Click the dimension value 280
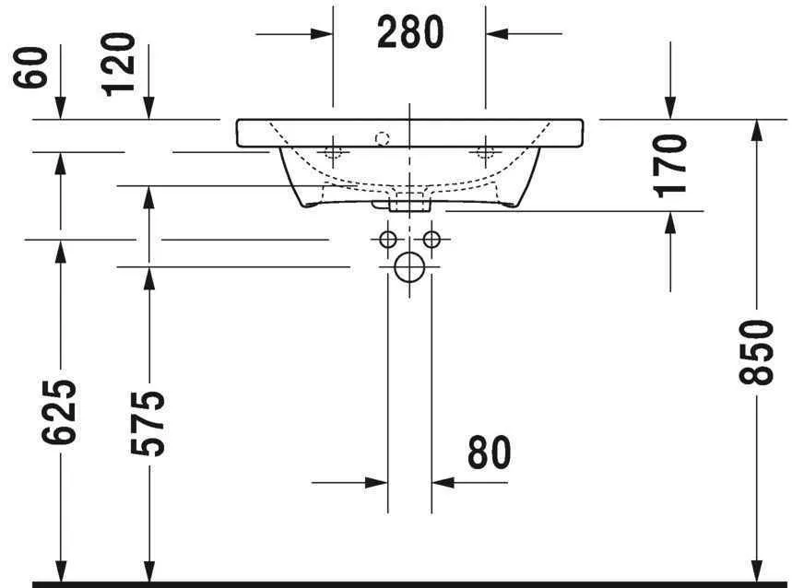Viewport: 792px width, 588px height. pyautogui.click(x=410, y=33)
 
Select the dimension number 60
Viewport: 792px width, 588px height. pyautogui.click(x=34, y=69)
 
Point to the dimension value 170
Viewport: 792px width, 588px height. pyautogui.click(x=673, y=165)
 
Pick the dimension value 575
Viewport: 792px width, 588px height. pyautogui.click(x=147, y=423)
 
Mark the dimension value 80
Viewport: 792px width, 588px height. pyautogui.click(x=489, y=453)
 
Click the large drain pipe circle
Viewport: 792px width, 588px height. pyautogui.click(x=408, y=268)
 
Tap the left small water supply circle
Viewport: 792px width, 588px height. pyautogui.click(x=387, y=240)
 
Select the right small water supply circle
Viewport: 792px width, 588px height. pyautogui.click(x=431, y=240)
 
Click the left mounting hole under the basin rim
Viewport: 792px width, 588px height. pyautogui.click(x=333, y=151)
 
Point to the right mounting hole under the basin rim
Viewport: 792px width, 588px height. pyautogui.click(x=484, y=151)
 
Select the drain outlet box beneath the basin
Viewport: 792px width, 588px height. pyautogui.click(x=409, y=203)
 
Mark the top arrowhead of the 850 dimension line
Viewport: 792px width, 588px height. pyautogui.click(x=758, y=130)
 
